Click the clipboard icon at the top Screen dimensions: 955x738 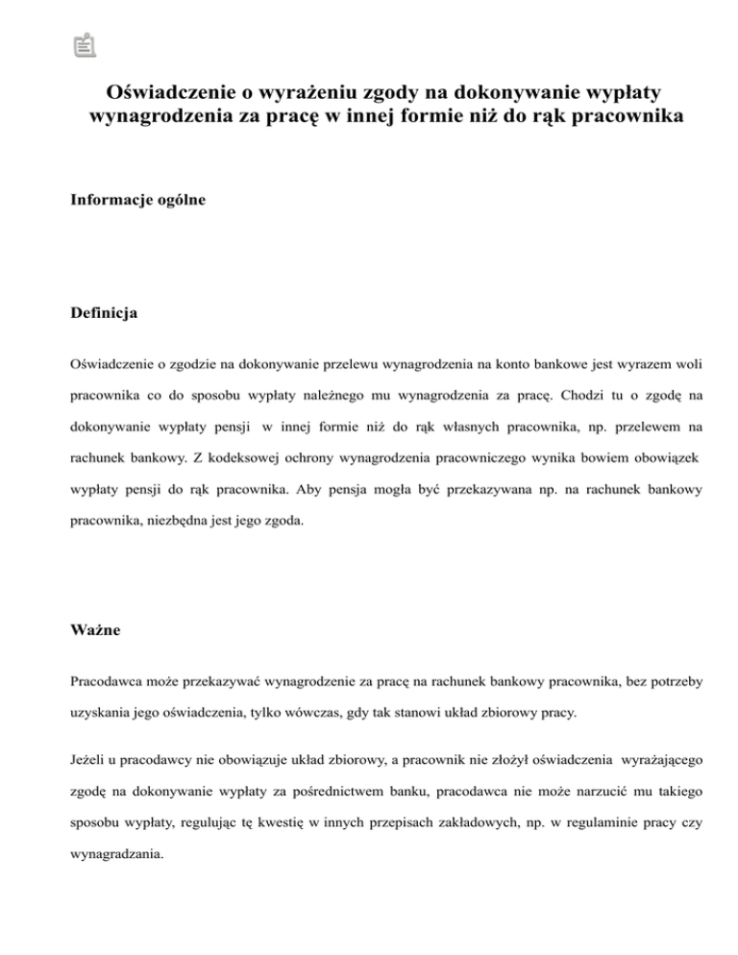pos(86,44)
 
